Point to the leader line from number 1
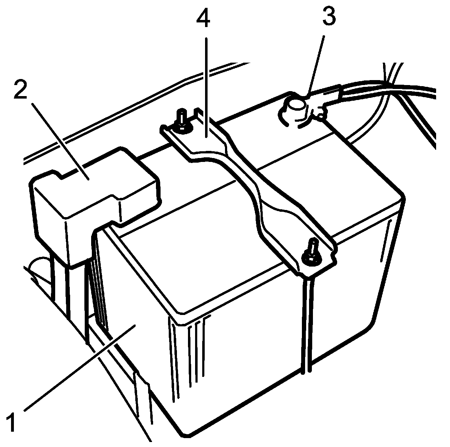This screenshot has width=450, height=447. click(78, 370)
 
